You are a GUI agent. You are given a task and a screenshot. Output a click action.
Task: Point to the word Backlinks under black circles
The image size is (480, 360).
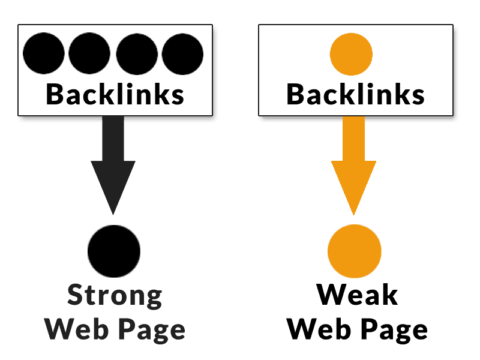tap(115, 94)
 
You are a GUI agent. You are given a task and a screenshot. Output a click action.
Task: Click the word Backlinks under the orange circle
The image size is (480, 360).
tap(355, 94)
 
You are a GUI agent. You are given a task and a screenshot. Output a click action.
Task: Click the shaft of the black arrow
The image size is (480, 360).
tap(113, 138)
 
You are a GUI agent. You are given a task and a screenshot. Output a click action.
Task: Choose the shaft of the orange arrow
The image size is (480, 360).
tap(353, 138)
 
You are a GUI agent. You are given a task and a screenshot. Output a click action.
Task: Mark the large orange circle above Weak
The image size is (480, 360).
tap(355, 250)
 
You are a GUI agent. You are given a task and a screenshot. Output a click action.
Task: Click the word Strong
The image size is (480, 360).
tap(115, 296)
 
